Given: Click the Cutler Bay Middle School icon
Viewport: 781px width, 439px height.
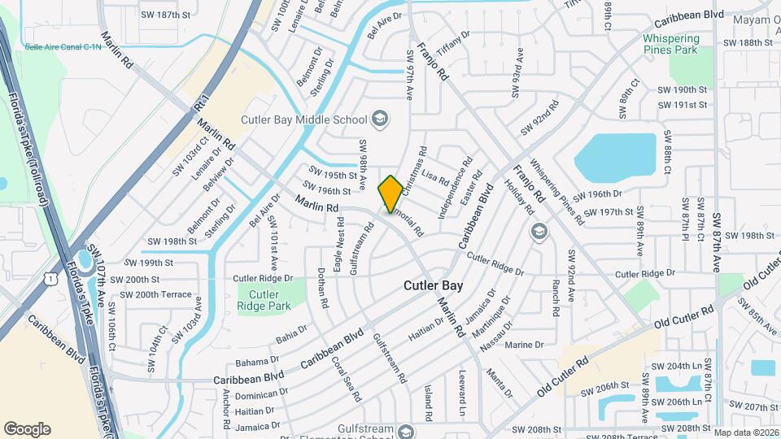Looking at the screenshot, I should [379, 120].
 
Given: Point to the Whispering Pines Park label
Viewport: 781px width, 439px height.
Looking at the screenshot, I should [670, 44].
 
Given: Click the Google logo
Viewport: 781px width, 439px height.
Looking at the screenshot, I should [27, 429].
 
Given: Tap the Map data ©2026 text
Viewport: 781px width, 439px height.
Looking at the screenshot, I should [745, 432].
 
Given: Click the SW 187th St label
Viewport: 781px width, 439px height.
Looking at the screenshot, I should [165, 15].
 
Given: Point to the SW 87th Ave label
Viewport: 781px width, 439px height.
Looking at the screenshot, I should [718, 242].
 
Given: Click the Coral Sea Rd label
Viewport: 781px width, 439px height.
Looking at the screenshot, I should [346, 378].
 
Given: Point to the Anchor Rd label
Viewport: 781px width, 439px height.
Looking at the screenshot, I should [225, 406].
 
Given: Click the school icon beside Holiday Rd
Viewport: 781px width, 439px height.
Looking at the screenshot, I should [538, 233].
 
